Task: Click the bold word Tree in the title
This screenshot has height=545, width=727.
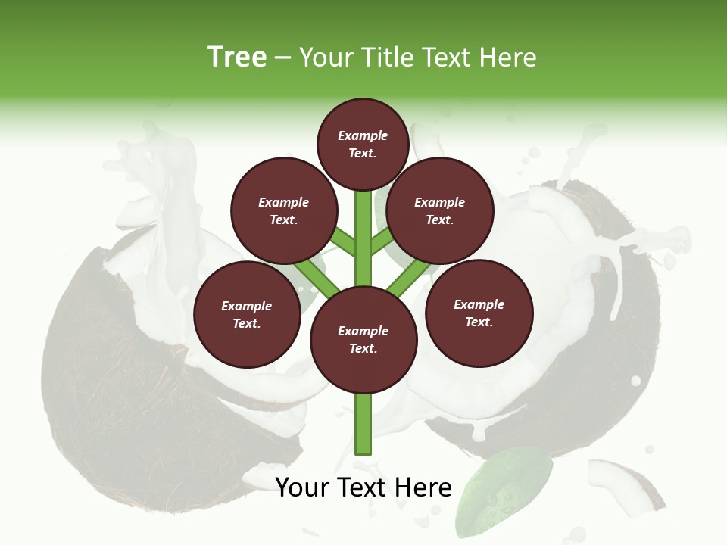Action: (x=237, y=57)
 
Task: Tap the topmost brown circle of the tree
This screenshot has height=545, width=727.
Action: (x=363, y=144)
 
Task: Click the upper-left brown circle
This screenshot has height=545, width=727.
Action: (x=284, y=210)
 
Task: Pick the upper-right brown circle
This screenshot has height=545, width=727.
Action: (x=440, y=210)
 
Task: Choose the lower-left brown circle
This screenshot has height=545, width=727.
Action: (x=247, y=314)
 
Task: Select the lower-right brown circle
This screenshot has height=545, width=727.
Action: (x=479, y=313)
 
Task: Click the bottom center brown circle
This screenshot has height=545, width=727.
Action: (x=363, y=340)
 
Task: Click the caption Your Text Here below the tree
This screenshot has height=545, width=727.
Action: (x=363, y=487)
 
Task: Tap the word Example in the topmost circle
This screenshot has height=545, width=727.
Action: (x=363, y=135)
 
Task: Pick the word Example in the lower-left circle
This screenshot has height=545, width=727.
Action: (x=246, y=306)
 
